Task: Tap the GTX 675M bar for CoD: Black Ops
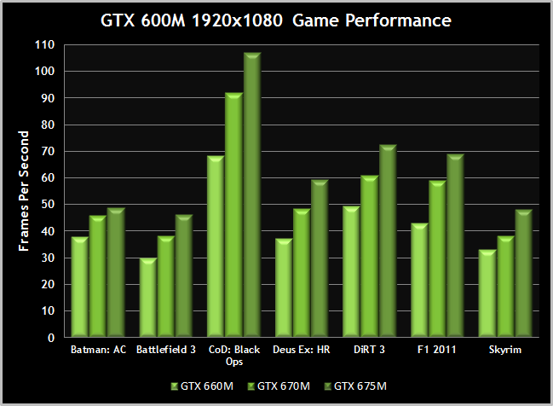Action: point(251,196)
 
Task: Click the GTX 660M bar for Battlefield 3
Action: point(147,299)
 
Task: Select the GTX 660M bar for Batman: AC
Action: point(79,287)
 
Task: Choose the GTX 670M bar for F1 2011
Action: point(436,260)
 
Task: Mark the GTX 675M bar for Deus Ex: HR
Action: point(319,259)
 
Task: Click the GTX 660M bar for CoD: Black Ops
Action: point(215,247)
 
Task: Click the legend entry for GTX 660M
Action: point(202,386)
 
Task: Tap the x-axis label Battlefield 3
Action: point(164,349)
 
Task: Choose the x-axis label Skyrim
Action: point(505,349)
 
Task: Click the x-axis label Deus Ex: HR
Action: point(301,349)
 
